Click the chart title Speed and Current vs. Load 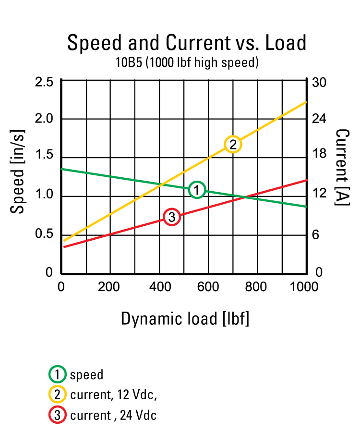tap(187, 43)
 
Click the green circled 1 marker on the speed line tap(197, 190)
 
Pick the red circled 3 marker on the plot tap(171, 217)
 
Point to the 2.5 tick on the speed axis tap(44, 82)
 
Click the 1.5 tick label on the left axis tap(44, 158)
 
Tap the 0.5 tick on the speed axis tap(44, 234)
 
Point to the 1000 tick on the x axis tap(304, 287)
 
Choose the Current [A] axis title tap(342, 167)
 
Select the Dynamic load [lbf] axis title tap(185, 319)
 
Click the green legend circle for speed tap(57, 374)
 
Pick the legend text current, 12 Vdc tap(113, 395)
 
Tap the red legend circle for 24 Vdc tap(57, 415)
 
